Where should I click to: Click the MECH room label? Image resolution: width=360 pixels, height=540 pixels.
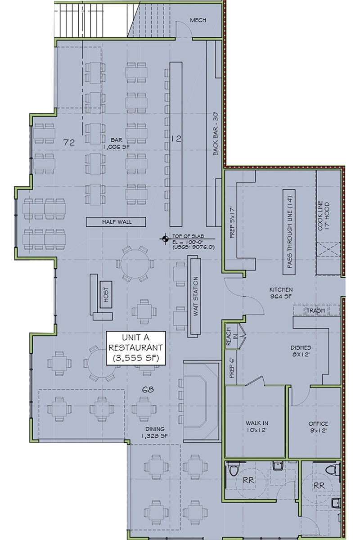(198, 20)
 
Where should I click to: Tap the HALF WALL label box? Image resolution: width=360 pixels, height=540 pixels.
(117, 221)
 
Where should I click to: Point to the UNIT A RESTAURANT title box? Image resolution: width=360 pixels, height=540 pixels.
(136, 347)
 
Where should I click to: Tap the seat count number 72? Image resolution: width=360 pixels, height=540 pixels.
(68, 143)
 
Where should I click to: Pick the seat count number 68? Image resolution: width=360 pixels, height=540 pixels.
(148, 390)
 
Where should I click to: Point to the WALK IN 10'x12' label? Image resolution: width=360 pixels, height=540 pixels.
(257, 427)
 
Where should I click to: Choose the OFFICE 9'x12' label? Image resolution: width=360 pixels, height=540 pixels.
(318, 427)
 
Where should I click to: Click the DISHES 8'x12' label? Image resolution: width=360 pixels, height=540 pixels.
(301, 351)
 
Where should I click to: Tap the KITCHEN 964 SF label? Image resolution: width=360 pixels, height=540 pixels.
(281, 293)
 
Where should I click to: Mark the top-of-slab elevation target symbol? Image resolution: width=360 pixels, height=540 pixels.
(166, 239)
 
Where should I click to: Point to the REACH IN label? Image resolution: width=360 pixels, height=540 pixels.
(229, 337)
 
